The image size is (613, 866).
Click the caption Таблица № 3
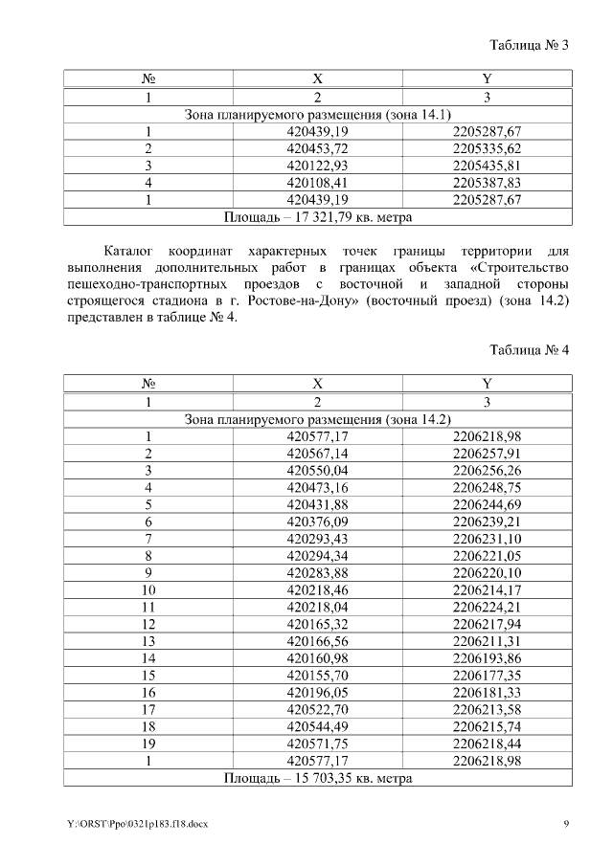tap(530, 45)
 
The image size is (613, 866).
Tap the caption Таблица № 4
tap(530, 349)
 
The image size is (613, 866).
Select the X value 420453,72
tap(317, 148)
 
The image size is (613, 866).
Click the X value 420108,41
tap(317, 183)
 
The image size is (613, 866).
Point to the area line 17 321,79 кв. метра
tap(317, 217)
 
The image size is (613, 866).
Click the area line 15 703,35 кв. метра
tap(317, 779)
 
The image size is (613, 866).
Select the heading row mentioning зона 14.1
tap(317, 114)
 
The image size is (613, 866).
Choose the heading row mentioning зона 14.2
tap(317, 419)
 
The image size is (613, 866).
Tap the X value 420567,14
tap(317, 454)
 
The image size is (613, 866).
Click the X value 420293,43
tap(317, 539)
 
